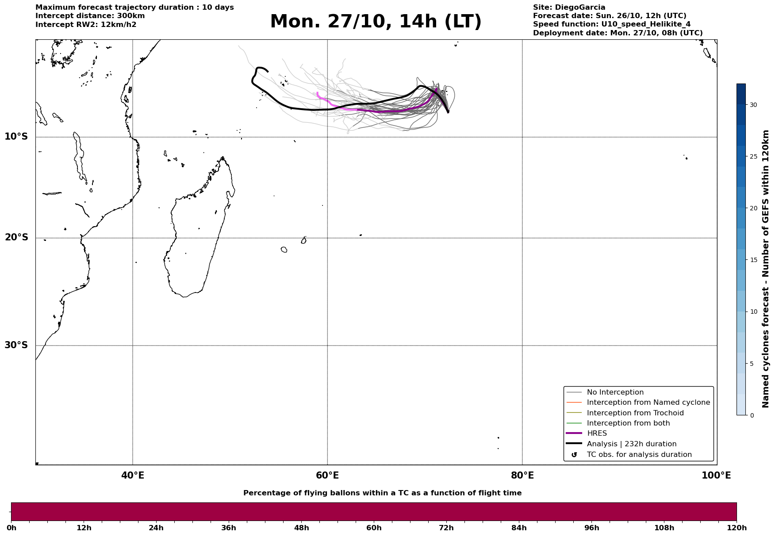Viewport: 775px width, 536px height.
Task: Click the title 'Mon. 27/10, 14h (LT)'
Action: click(x=376, y=22)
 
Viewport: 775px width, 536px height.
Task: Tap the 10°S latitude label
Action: click(x=16, y=137)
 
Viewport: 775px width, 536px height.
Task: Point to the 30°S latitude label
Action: click(x=16, y=345)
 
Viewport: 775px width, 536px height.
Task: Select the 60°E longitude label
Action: click(x=327, y=475)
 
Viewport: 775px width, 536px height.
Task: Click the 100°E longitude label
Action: click(x=716, y=475)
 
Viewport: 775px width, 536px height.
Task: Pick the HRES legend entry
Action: click(x=597, y=433)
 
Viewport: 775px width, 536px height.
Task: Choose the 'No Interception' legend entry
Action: click(x=615, y=392)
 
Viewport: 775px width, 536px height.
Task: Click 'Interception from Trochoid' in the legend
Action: click(x=635, y=413)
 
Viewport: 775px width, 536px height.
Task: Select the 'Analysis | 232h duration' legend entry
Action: click(x=631, y=444)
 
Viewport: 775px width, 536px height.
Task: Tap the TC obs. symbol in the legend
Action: click(x=574, y=455)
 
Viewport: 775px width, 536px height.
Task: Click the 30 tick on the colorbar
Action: click(x=753, y=105)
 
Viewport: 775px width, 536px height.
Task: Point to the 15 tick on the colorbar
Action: click(x=753, y=260)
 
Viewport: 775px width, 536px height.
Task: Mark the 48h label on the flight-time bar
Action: click(x=302, y=528)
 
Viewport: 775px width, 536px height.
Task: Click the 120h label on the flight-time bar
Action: click(x=737, y=528)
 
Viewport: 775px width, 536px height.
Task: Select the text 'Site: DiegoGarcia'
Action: click(x=569, y=8)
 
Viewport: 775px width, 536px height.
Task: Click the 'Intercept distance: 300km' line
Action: click(x=90, y=16)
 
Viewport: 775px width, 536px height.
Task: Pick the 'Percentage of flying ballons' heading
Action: click(x=382, y=493)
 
